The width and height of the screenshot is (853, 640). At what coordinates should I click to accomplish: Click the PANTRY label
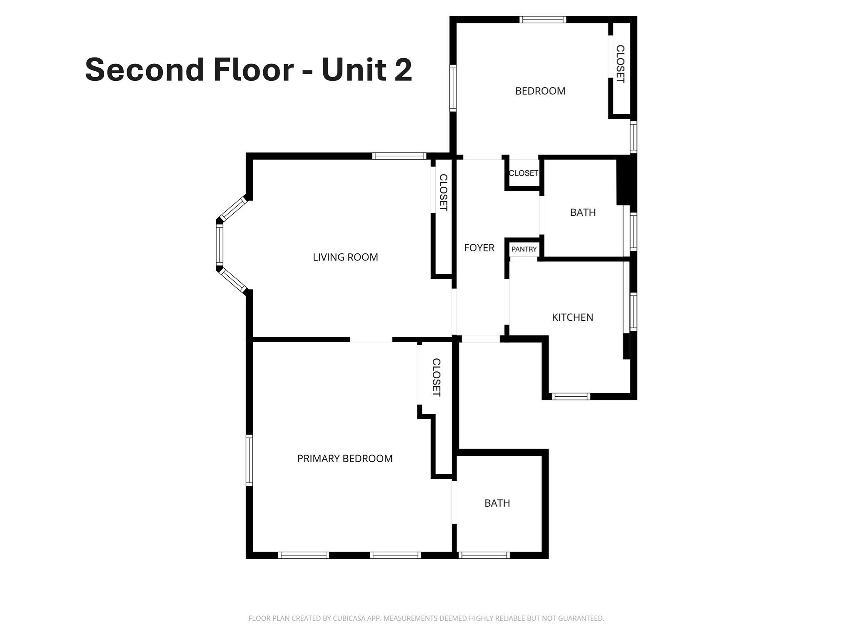click(524, 249)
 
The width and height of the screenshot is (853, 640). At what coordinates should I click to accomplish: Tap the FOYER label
click(479, 248)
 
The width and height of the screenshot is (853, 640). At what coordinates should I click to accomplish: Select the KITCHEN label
click(572, 317)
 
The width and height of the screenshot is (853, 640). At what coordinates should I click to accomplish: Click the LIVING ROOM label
click(345, 257)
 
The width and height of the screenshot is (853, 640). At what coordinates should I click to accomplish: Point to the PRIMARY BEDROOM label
click(345, 459)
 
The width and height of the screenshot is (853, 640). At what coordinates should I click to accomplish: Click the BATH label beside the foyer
click(583, 212)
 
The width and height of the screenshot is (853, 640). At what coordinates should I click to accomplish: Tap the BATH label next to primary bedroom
click(497, 503)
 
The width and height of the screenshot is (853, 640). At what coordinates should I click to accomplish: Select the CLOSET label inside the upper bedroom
click(620, 64)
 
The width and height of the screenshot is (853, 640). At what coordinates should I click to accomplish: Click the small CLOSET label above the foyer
click(523, 173)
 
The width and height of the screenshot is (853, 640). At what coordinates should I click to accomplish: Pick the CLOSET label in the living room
click(444, 192)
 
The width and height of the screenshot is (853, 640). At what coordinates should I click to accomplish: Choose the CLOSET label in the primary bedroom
click(436, 377)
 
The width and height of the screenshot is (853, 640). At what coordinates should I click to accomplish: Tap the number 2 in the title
click(402, 70)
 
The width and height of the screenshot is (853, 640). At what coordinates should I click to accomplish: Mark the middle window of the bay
click(219, 244)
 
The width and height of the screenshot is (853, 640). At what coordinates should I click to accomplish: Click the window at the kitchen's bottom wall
click(571, 396)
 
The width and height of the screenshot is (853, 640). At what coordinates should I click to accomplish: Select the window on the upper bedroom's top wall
click(543, 20)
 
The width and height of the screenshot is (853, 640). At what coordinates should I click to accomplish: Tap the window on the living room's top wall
click(399, 156)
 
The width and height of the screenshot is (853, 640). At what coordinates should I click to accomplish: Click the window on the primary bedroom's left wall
click(249, 460)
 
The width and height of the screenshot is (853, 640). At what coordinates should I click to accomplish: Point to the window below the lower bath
click(484, 555)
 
